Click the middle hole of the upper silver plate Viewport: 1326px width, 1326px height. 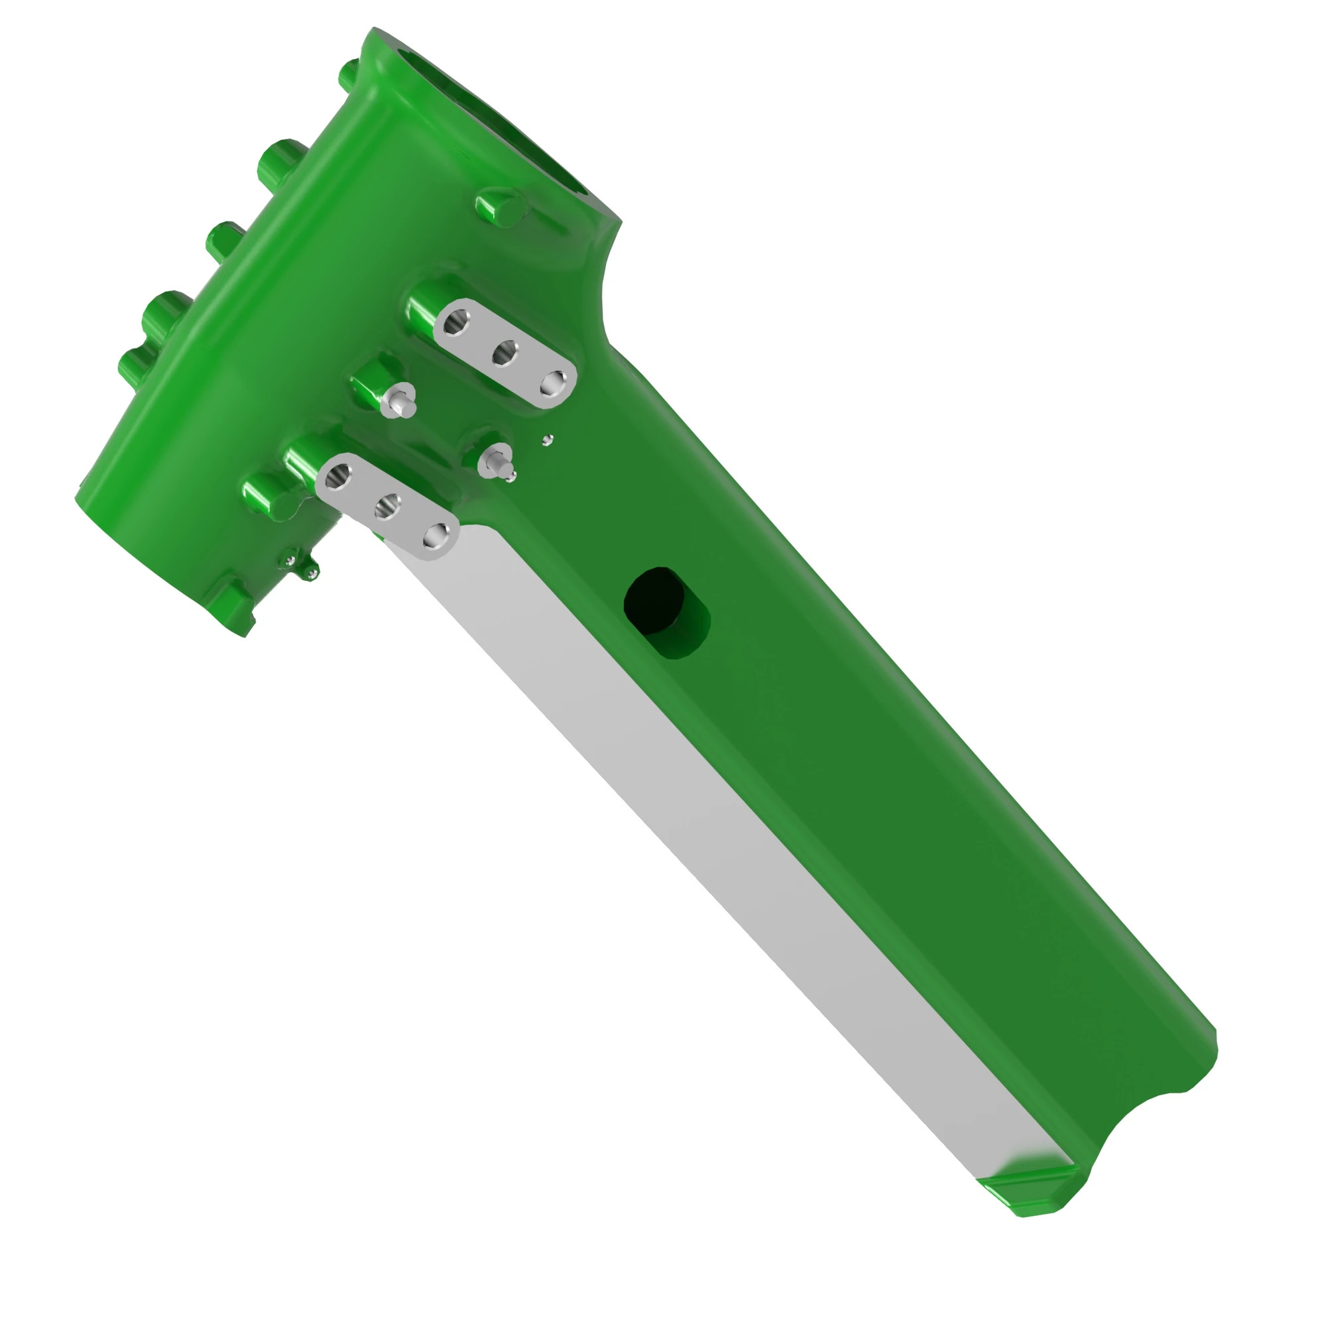(506, 353)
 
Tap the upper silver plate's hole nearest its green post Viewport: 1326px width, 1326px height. (454, 321)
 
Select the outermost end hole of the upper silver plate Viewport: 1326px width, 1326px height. (554, 383)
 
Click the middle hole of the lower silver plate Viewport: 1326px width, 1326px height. (388, 507)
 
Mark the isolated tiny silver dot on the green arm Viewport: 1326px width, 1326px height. (547, 440)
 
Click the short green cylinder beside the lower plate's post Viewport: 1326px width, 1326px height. (265, 495)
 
